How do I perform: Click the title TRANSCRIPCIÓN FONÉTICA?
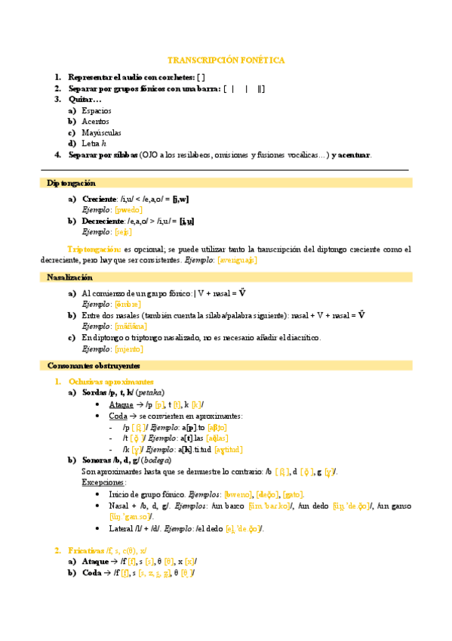[x=226, y=60]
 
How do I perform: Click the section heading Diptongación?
[x=71, y=183]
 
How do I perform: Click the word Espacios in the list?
[x=96, y=110]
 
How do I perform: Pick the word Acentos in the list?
[x=95, y=121]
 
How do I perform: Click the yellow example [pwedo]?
[x=128, y=209]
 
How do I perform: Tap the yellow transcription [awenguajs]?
[x=237, y=259]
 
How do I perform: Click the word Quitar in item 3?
[x=81, y=99]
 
